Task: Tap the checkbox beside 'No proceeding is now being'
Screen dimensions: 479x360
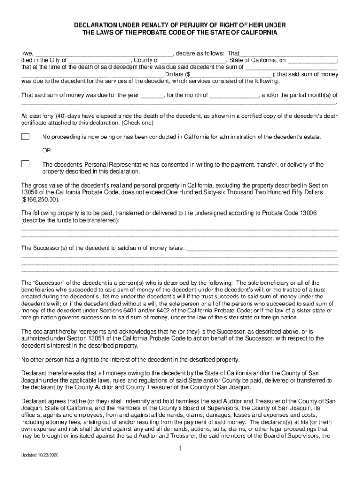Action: click(x=25, y=137)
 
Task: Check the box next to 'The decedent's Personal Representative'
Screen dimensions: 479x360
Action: click(x=25, y=164)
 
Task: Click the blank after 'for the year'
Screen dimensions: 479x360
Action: click(x=152, y=95)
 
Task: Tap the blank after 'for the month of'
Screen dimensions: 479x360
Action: click(x=234, y=95)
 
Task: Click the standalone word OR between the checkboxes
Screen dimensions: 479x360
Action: click(x=47, y=151)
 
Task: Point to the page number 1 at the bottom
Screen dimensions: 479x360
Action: click(x=180, y=449)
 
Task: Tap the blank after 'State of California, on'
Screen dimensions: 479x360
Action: click(x=312, y=60)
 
